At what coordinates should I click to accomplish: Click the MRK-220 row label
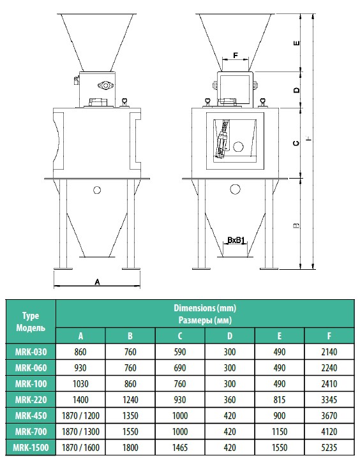31,399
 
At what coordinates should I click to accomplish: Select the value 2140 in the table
329,352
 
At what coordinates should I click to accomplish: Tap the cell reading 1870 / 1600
80,448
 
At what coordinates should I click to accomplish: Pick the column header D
230,336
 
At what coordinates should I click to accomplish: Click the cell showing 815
280,399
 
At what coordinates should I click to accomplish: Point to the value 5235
329,448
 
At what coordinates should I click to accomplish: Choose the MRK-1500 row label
31,448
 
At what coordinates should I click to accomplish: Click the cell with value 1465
180,448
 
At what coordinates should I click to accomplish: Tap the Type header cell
31,321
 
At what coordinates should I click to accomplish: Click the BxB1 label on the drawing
236,240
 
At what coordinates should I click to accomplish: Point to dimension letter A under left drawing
97,282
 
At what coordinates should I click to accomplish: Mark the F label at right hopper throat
236,55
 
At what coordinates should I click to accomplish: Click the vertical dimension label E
296,43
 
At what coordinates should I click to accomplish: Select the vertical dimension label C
296,143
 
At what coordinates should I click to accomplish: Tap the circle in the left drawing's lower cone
97,190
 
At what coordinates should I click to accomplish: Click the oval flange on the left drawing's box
105,85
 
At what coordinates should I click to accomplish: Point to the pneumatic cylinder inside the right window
222,140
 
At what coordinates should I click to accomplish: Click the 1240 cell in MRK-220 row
130,399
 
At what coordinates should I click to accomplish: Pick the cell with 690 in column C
180,368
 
